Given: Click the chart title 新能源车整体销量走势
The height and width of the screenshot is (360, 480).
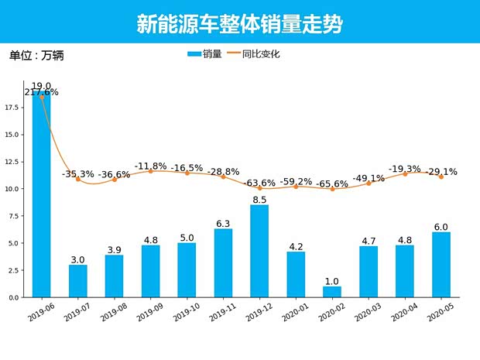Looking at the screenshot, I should point(239,24).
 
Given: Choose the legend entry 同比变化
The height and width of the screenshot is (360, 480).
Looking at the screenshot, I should point(255,54).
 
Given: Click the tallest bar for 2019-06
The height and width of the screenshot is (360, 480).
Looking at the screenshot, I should point(41,194).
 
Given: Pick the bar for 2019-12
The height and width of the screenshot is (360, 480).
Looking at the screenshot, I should point(259,251).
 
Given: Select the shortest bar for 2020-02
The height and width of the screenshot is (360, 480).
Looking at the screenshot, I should point(332,292).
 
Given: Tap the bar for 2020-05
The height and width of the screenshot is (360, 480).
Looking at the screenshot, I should point(441,265).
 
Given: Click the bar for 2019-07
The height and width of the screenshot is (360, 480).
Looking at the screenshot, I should point(77,281).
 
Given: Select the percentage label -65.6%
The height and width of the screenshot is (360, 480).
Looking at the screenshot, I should point(332,183).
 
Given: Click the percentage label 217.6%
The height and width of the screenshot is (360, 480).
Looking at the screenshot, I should point(41,92).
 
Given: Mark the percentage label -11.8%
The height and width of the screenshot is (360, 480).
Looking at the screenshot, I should point(150,166).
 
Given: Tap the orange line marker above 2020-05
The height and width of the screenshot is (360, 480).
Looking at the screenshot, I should point(441,177).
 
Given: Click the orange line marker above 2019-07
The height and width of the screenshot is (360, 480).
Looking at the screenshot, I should point(77,180).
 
